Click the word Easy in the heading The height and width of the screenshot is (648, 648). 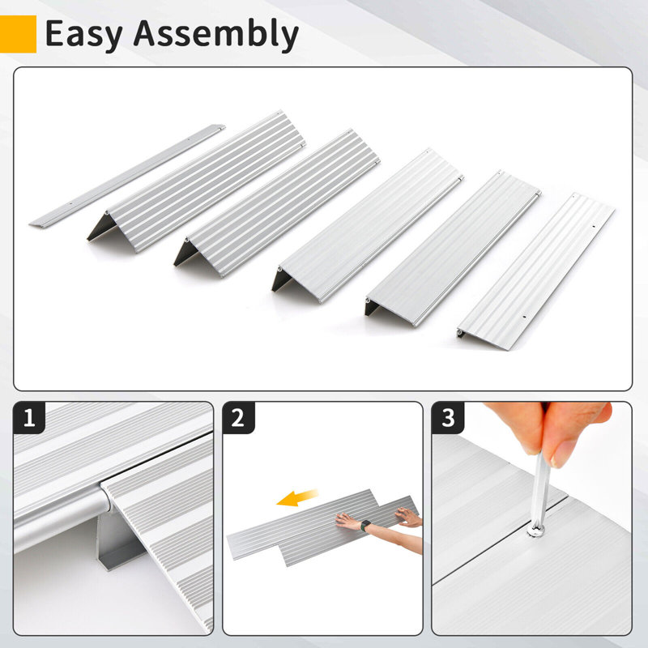coord(83,33)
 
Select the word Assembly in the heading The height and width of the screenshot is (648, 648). coord(215,35)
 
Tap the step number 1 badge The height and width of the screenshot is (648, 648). coord(31,419)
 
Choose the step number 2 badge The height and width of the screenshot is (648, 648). coord(238,419)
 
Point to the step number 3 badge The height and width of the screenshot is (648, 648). coord(448,419)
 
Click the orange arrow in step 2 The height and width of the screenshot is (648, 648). coord(298,501)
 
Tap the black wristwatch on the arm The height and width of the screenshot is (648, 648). coord(366,526)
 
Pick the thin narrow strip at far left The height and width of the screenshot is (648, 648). coord(126,175)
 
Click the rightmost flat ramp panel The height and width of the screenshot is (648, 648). coord(535,272)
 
